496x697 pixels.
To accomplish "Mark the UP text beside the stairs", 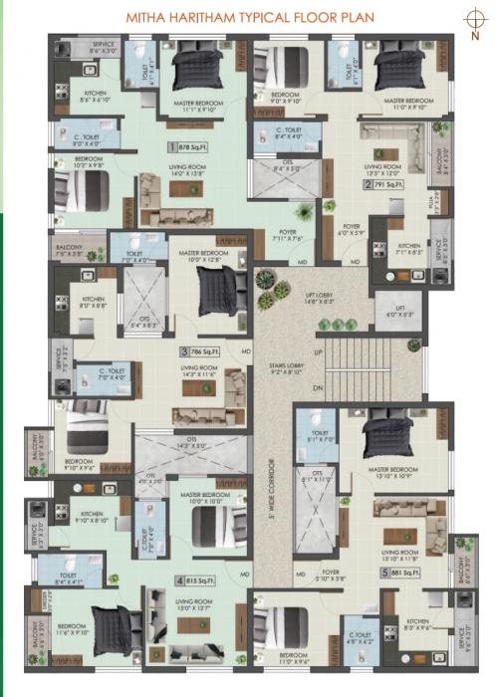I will [318, 352].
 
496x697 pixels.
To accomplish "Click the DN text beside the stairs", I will [318, 387].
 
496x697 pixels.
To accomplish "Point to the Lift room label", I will [400, 312].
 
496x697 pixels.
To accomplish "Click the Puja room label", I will [432, 202].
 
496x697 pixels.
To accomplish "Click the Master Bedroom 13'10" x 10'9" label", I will [391, 473].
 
